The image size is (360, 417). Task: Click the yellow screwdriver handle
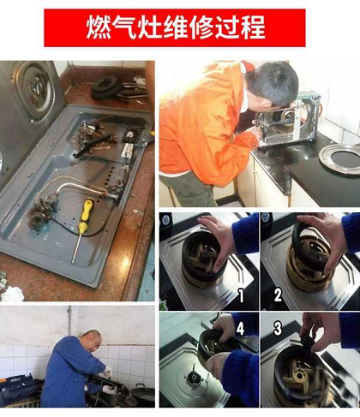85,216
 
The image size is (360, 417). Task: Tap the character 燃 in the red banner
99,27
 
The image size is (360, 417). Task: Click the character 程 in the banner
253,27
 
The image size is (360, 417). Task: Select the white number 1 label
241,295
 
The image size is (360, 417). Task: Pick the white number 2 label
278,295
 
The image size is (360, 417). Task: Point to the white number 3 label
278,328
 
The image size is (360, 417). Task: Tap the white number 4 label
240,329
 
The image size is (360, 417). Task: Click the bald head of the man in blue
92,340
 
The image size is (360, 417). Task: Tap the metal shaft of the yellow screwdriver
76,247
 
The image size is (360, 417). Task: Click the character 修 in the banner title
201,27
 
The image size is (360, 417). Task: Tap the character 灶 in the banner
150,27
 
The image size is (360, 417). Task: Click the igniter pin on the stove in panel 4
194,371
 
